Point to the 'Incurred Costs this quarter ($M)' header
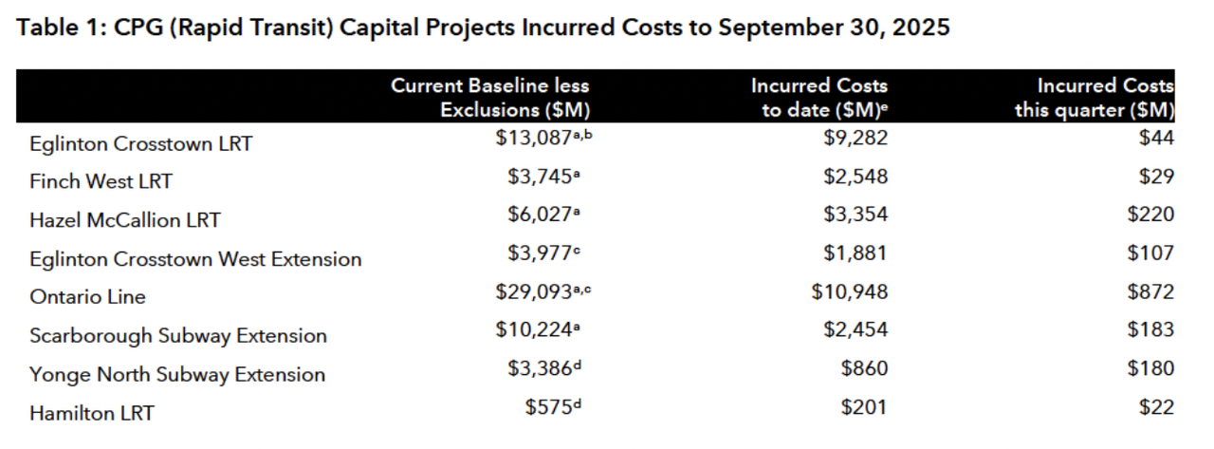tap(1094, 98)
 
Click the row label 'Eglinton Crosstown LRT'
tap(140, 144)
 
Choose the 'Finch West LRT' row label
tap(101, 181)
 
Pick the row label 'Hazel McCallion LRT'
tap(124, 220)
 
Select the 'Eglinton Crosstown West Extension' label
tap(195, 259)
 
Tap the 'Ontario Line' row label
tap(87, 297)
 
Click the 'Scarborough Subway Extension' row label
tap(177, 336)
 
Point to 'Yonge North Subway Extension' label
tap(176, 375)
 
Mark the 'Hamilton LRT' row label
tap(91, 414)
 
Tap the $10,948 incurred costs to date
tap(850, 291)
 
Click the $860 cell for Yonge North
tap(864, 368)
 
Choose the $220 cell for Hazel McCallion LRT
tap(1150, 215)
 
